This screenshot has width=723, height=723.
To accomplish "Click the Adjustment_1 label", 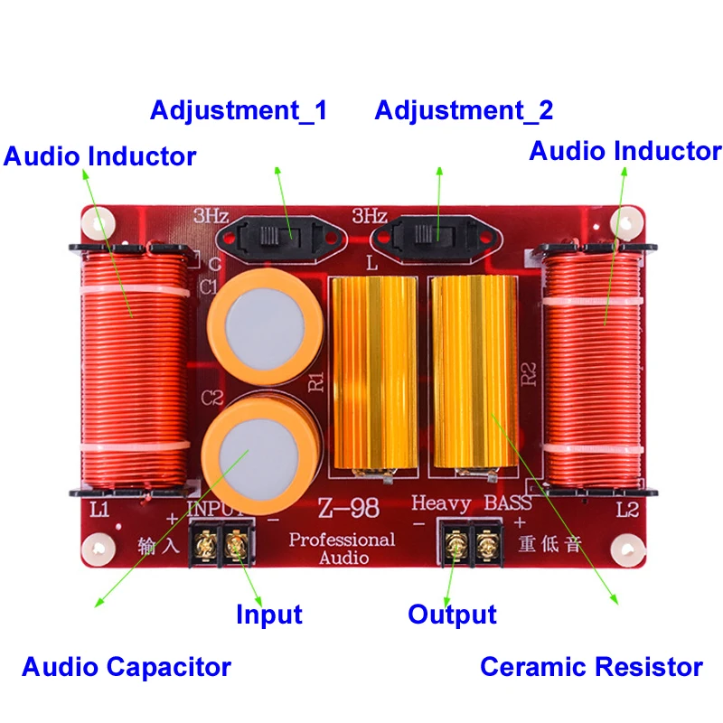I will [x=239, y=111].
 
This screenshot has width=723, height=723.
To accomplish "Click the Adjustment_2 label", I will [x=464, y=111].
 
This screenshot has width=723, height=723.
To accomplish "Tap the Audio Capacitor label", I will [x=127, y=668].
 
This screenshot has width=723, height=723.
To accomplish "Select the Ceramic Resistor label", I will [x=591, y=667].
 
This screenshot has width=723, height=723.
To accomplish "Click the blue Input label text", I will [x=268, y=615].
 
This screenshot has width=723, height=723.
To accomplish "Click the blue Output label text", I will [x=452, y=615].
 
